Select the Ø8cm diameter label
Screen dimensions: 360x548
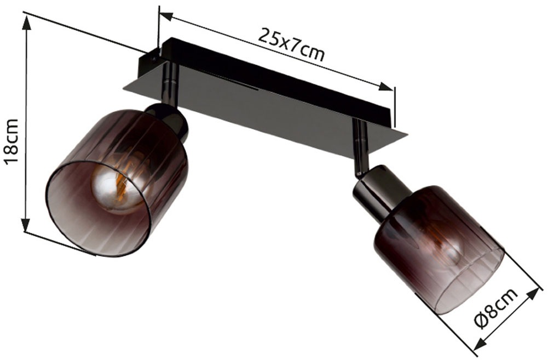click(x=495, y=308)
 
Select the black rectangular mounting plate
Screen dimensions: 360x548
click(x=274, y=104)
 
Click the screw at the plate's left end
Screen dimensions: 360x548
click(x=153, y=54)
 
